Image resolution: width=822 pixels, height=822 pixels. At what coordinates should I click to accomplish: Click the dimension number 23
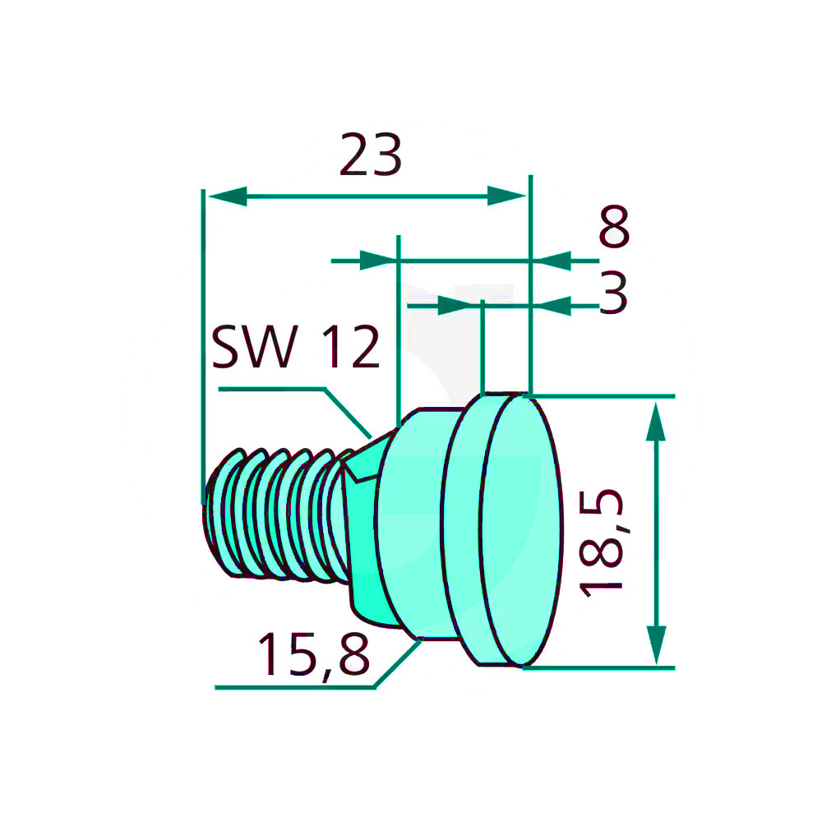(x=371, y=155)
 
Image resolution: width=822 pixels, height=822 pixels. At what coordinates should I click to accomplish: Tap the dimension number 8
(x=614, y=227)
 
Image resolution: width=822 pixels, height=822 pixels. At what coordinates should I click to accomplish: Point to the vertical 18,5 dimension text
(x=603, y=543)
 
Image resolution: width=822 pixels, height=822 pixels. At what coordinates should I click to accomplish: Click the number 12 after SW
(x=350, y=347)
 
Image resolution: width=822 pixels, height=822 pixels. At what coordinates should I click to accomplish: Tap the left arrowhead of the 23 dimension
(x=228, y=196)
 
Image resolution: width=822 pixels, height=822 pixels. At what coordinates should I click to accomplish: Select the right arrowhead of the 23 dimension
(x=506, y=196)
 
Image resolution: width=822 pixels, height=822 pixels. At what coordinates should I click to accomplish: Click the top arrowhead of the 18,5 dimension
(x=656, y=422)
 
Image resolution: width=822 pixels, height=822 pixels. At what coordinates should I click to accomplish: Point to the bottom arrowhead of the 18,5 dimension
(x=656, y=644)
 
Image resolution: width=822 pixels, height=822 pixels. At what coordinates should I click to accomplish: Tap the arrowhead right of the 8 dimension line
(x=553, y=261)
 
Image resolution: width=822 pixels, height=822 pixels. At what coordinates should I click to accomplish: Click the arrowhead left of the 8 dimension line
(x=377, y=261)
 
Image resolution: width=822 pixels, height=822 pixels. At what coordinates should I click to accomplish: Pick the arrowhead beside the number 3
(x=553, y=306)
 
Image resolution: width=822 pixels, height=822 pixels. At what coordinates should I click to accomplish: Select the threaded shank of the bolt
(x=275, y=515)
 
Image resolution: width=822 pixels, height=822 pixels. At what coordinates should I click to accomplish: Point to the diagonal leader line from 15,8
(x=397, y=663)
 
